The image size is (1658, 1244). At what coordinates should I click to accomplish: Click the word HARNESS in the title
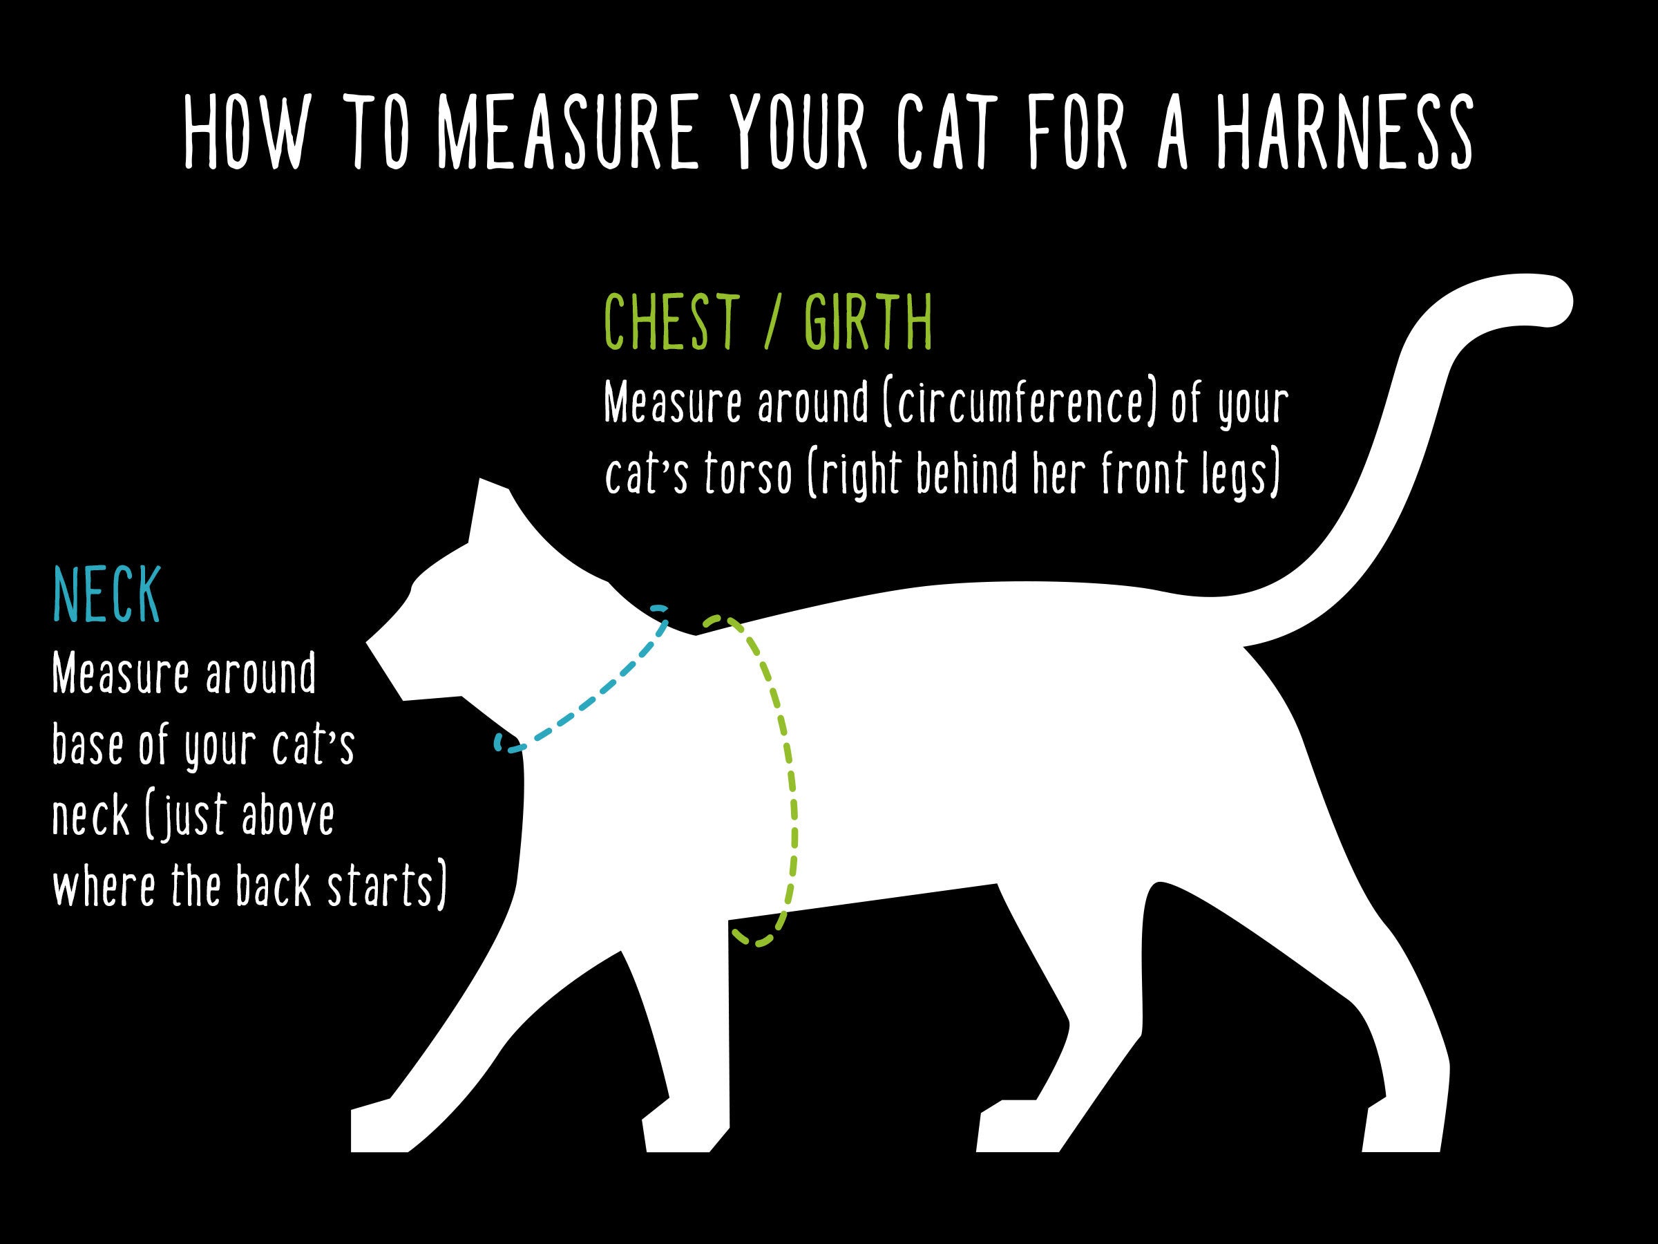point(1344,133)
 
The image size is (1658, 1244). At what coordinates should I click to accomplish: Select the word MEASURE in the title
point(567,133)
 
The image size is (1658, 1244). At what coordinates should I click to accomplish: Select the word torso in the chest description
point(748,475)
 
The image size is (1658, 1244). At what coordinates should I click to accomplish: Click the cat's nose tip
point(369,642)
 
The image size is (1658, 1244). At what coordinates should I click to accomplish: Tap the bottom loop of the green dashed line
point(756,937)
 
